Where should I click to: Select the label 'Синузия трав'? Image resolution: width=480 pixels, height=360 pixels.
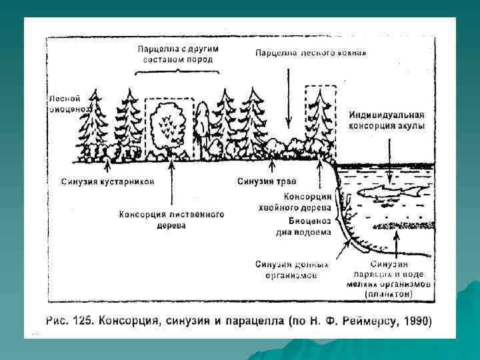coord(267,181)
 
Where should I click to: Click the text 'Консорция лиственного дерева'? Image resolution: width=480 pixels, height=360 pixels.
coord(171,220)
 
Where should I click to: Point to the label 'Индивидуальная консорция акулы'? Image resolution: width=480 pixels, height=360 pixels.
coord(387,119)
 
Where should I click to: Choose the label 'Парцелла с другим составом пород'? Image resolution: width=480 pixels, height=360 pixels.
coord(178,54)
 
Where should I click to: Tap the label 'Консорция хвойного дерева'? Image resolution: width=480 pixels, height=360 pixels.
coord(308,201)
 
